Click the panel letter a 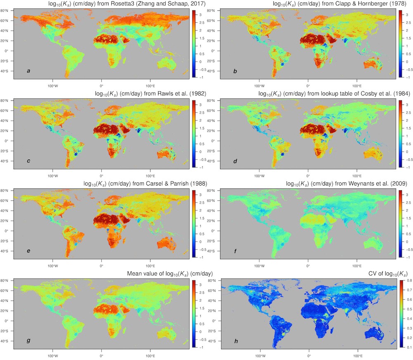(x=28, y=71)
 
